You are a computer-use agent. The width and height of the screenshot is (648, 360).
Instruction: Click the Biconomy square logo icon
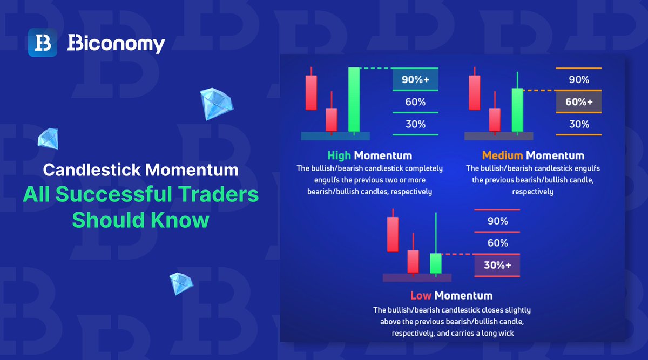(x=43, y=43)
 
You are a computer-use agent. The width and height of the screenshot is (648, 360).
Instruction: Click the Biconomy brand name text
(x=116, y=44)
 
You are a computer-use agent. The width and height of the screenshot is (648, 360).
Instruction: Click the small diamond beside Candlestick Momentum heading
(x=48, y=138)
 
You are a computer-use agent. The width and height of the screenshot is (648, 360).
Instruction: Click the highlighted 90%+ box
(x=415, y=80)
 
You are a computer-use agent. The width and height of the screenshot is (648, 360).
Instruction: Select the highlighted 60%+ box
(x=579, y=101)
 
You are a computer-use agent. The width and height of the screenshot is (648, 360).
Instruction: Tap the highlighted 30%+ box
(x=497, y=265)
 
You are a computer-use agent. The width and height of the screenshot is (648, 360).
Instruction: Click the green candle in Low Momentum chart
(x=436, y=263)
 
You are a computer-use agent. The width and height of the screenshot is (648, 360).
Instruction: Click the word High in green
(x=339, y=155)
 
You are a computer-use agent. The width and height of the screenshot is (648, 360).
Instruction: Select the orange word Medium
(x=502, y=155)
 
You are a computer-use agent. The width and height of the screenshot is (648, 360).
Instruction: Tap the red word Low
(x=421, y=295)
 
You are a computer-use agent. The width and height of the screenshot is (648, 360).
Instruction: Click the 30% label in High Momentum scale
(x=415, y=124)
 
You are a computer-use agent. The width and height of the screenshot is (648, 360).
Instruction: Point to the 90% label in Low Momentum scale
(x=497, y=221)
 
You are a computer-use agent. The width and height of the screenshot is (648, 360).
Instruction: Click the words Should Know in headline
(x=140, y=220)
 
